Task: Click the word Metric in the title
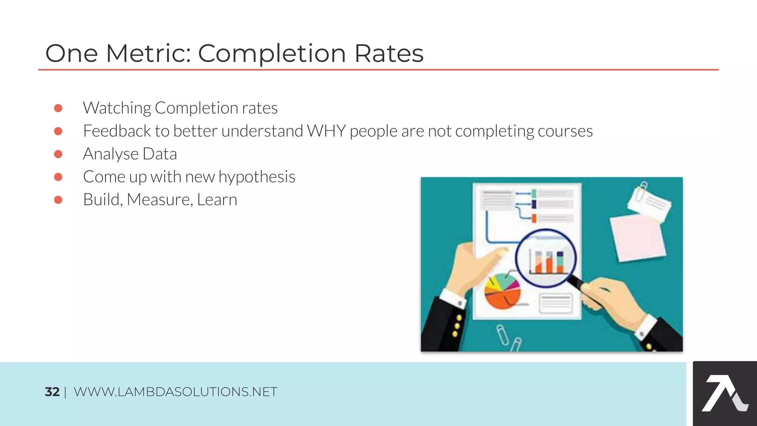coord(148,54)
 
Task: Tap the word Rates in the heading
coord(389,54)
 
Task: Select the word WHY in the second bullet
coord(326,131)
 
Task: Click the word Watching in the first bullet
coord(117,108)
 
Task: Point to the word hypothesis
coord(257,177)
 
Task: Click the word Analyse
coord(111,154)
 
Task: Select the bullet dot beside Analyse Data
coord(58,154)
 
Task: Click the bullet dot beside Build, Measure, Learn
coord(58,200)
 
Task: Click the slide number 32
coord(52,392)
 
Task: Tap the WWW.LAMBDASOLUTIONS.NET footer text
coord(175,392)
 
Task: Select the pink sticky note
coord(638,239)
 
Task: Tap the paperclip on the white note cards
coord(641,191)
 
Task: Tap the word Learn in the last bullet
coord(217,200)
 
